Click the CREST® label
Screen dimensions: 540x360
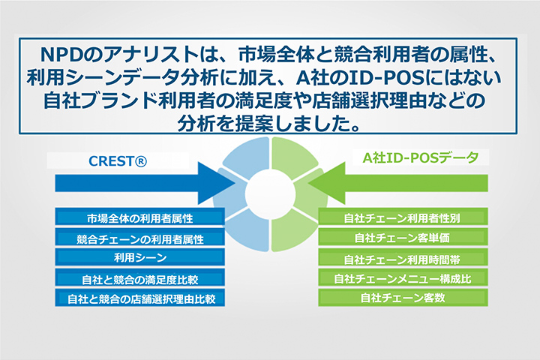pos(118,161)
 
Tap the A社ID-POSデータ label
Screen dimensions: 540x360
pos(421,157)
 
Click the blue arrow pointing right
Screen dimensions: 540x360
pos(145,183)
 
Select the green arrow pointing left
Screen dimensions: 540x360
pos(397,183)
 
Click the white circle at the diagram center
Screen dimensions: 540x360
pos(270,194)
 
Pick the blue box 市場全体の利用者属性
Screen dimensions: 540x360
pos(139,217)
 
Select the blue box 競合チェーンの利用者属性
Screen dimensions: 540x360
pos(139,238)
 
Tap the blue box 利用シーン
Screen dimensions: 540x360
pos(139,257)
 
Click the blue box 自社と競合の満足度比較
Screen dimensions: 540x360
pos(139,278)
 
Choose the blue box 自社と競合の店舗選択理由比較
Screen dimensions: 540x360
pos(139,298)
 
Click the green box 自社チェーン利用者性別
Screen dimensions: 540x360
pos(403,217)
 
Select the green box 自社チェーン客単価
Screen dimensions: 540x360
pos(403,238)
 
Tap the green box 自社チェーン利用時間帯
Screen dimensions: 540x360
pos(403,258)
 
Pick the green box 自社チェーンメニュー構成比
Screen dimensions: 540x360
pos(403,278)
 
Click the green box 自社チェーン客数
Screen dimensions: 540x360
pos(403,297)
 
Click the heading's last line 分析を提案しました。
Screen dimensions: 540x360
pos(269,123)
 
